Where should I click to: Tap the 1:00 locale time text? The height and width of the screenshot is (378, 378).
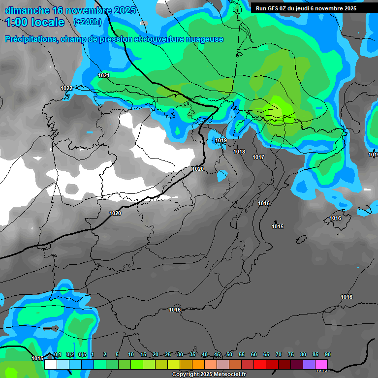tap(35, 22)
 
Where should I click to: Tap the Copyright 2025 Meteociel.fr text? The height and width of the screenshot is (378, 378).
tap(209, 375)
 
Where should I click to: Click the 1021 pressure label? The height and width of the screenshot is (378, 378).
tap(104, 75)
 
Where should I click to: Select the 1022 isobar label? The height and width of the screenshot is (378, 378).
tap(66, 88)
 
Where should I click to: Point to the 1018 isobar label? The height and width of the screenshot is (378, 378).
tap(239, 152)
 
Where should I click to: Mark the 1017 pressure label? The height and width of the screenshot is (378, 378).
tap(258, 157)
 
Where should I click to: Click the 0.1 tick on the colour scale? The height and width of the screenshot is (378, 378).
tap(58, 355)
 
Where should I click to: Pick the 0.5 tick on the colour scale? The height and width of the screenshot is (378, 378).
tap(82, 355)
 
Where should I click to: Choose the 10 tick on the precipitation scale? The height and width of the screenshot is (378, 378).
tap(131, 355)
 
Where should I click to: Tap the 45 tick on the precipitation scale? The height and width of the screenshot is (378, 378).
tap(217, 355)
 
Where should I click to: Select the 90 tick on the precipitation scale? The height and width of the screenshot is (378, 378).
tap(328, 355)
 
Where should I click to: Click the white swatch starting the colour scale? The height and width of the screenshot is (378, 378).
tap(50, 364)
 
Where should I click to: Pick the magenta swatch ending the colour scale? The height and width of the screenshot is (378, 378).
tap(321, 364)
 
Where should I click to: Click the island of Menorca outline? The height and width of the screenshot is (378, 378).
tap(365, 210)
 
